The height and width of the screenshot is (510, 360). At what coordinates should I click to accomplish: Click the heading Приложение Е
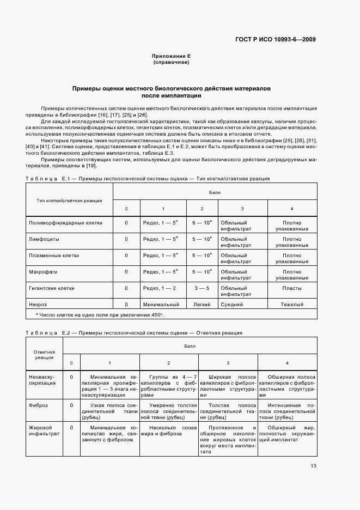coord(171,57)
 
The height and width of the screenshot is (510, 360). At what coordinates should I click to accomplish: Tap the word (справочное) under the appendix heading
coord(171,63)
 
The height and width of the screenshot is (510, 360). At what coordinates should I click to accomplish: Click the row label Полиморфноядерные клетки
coord(65,223)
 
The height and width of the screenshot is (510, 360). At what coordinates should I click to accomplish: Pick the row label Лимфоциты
coord(44,239)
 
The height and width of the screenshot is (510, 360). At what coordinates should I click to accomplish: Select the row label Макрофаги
coord(42,271)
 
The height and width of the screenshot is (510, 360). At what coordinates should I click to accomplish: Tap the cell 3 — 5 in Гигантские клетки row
coord(202,288)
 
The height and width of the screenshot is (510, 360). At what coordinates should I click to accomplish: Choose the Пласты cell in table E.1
coord(292,288)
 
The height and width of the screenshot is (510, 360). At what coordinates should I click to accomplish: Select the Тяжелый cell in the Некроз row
coord(292,304)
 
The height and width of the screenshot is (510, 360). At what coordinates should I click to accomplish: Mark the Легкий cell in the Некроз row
coord(202,304)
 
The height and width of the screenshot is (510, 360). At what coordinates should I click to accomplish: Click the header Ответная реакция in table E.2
coord(45,355)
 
